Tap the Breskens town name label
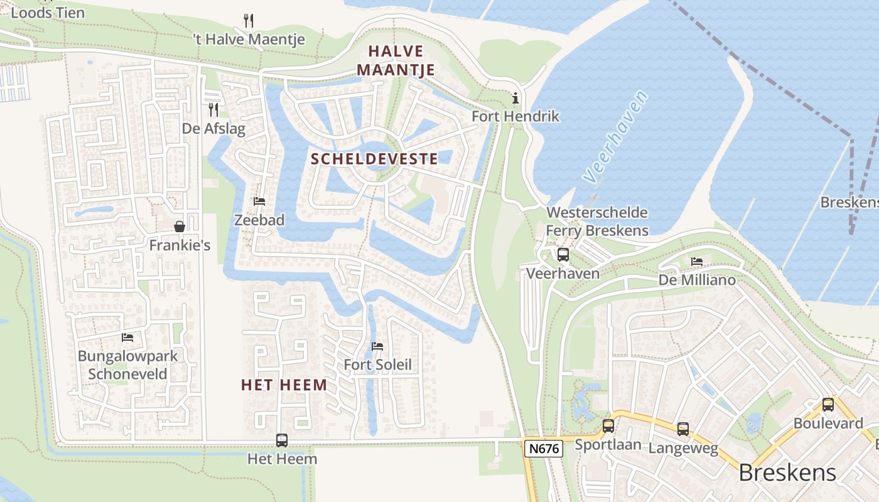(x=787, y=473)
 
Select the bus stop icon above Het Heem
(x=282, y=441)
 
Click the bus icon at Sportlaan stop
(x=608, y=426)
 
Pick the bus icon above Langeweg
(x=682, y=429)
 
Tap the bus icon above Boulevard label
(x=828, y=405)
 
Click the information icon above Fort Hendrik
(x=515, y=98)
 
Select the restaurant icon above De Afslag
(x=213, y=110)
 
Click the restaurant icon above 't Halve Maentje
(x=249, y=21)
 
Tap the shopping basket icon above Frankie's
(x=180, y=226)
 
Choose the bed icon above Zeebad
(x=259, y=201)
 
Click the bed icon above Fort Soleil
(x=377, y=346)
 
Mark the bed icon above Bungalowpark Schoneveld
(x=127, y=338)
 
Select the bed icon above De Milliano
(x=697, y=262)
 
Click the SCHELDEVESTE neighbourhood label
(x=374, y=159)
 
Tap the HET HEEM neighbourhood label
(x=284, y=385)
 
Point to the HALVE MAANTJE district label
(x=396, y=60)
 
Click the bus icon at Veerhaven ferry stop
(x=563, y=255)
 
